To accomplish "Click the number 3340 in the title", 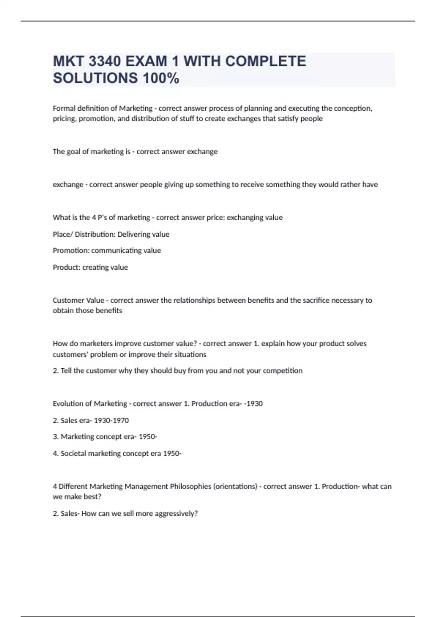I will tap(105, 61).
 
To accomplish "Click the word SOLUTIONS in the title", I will tap(95, 78).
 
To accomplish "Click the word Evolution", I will tap(68, 404).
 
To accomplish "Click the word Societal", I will tap(73, 453).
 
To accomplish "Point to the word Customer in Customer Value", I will tap(68, 300).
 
